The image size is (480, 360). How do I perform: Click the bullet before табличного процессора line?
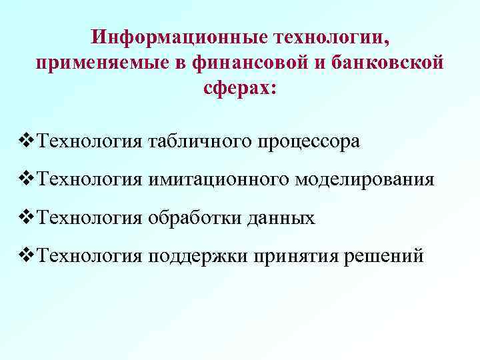[29, 141]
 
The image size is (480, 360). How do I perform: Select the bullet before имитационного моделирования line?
[29, 179]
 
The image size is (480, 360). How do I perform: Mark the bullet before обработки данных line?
[29, 217]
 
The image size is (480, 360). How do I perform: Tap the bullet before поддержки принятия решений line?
[29, 255]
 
